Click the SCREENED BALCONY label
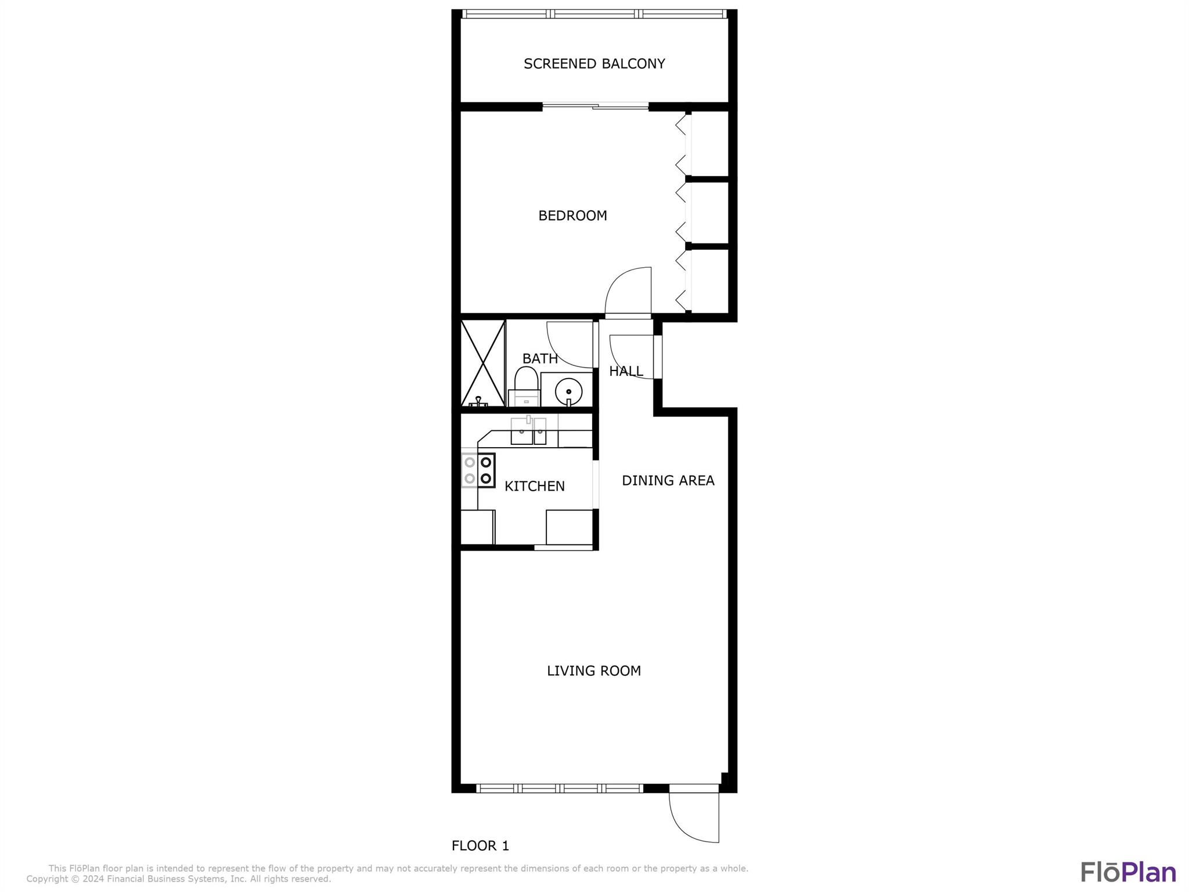pos(594,64)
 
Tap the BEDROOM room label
pos(572,216)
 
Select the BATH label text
pos(540,359)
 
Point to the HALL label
pos(626,371)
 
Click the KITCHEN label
pos(534,486)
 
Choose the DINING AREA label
pos(668,480)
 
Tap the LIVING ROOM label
pos(593,671)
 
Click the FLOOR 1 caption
pos(480,846)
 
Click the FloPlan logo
pos(1128,872)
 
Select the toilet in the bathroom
pos(526,386)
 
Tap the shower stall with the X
pos(482,363)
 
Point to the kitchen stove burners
pos(478,470)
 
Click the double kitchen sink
pos(528,431)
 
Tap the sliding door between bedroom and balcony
pos(596,106)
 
